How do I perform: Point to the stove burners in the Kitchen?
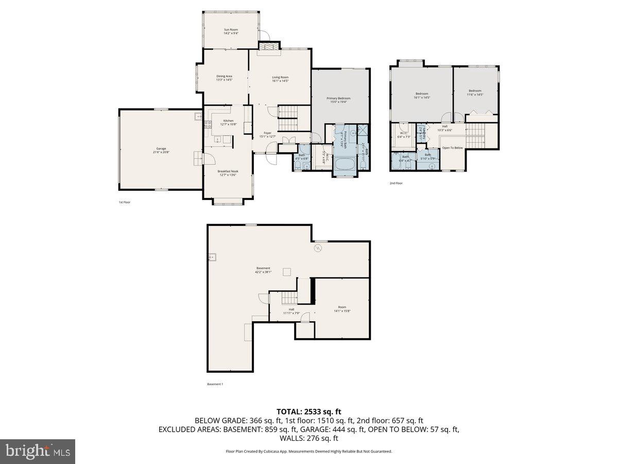(x=208, y=124)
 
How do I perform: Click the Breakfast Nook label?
(x=228, y=171)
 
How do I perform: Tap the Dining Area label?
(x=224, y=76)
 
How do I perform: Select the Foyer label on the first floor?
(x=268, y=133)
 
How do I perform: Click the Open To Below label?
(x=452, y=148)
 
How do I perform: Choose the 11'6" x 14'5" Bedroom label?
(x=475, y=91)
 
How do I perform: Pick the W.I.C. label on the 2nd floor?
(x=404, y=133)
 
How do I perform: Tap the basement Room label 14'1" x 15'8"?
(x=342, y=307)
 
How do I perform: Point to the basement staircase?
(x=290, y=297)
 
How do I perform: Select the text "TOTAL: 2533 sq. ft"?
(x=309, y=411)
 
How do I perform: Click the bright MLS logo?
(x=38, y=452)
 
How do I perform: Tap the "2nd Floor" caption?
(x=396, y=183)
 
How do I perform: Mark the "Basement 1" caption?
(x=215, y=384)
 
